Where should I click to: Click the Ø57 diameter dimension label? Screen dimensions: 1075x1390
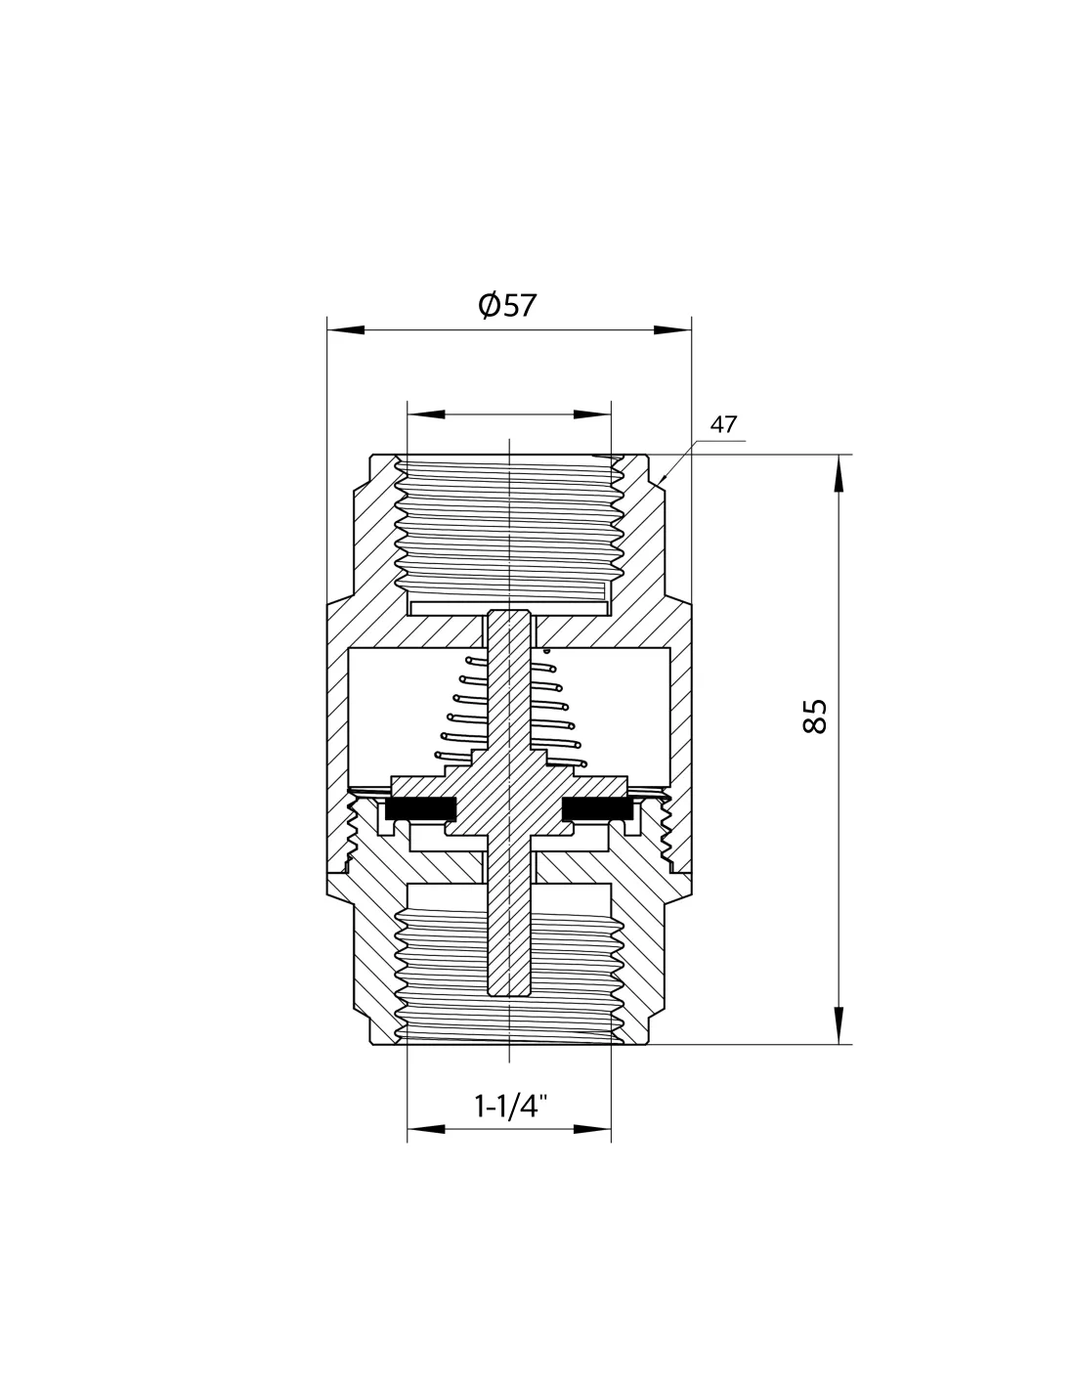[x=507, y=305]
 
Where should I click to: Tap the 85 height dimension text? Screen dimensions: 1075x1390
[x=814, y=717]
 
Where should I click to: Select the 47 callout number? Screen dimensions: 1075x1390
[x=723, y=424]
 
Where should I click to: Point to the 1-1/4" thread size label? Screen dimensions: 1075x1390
[x=511, y=1106]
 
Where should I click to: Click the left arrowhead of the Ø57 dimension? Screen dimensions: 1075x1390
[x=346, y=330]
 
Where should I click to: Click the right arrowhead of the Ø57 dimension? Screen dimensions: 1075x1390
[x=672, y=330]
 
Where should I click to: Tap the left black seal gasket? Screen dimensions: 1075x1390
[x=421, y=809]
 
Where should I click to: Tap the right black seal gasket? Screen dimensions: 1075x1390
[x=598, y=809]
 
